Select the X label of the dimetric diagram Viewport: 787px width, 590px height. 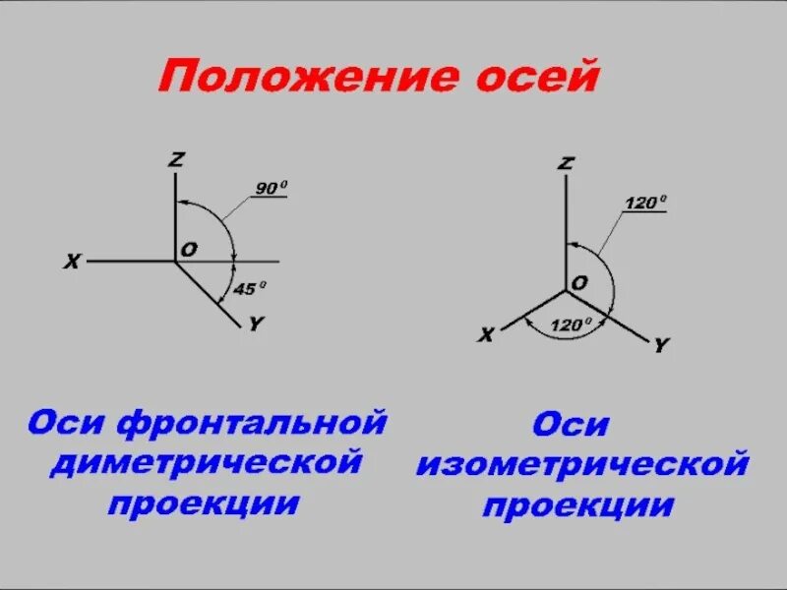(72, 262)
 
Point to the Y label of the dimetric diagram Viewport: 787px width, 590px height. (255, 324)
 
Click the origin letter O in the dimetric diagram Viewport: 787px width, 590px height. (188, 250)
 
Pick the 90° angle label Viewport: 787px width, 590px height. (271, 187)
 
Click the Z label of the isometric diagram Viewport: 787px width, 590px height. (565, 162)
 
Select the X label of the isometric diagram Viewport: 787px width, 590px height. (486, 335)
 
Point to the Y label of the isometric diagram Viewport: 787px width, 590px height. (661, 344)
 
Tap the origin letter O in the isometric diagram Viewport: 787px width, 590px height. (579, 282)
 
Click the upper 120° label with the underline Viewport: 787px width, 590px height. (645, 203)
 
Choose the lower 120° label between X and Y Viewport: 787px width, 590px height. (572, 324)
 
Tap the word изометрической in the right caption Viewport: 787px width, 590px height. (581, 464)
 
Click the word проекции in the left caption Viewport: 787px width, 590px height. (204, 502)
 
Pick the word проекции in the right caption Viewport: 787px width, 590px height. (577, 505)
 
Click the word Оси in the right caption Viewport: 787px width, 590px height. (572, 425)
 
